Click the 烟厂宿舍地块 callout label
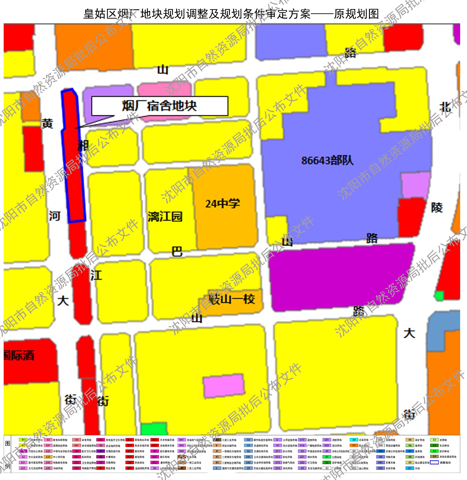click(159, 106)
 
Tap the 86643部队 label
click(327, 160)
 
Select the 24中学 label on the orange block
click(223, 204)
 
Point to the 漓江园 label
click(165, 217)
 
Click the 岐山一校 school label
click(233, 299)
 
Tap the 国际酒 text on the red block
click(19, 356)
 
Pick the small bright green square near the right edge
click(439, 296)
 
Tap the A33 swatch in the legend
click(48, 457)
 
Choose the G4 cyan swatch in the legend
click(354, 440)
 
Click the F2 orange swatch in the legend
click(354, 446)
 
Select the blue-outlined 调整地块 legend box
click(434, 463)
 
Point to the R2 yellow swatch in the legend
click(23, 446)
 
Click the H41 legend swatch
click(380, 463)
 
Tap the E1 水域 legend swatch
click(410, 468)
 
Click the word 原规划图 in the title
click(356, 14)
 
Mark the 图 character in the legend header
click(8, 444)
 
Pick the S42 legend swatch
click(248, 463)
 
